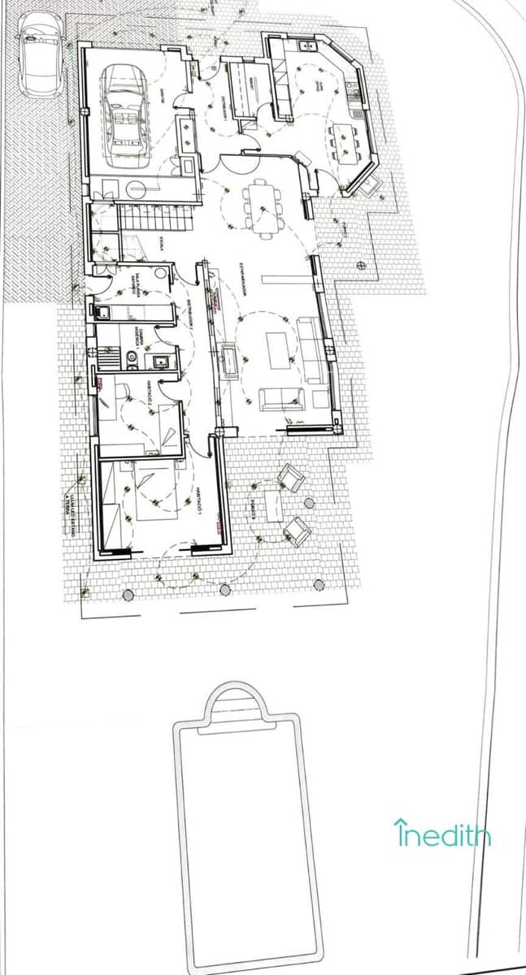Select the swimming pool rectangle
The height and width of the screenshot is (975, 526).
coord(248,845)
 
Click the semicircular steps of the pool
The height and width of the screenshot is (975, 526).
coord(236,701)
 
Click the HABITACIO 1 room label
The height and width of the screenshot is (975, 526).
coord(198,500)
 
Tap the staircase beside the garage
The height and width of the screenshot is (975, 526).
coord(154,218)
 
